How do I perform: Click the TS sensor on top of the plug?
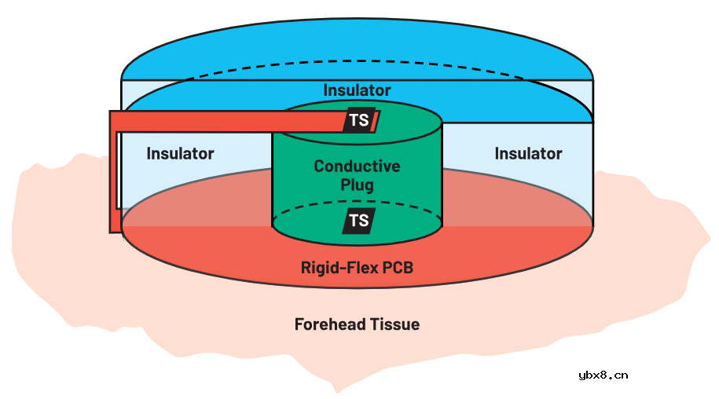[359, 120]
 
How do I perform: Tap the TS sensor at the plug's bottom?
[358, 221]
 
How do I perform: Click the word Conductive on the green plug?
[357, 167]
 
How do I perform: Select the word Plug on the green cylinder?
[357, 185]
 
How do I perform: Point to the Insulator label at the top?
[357, 90]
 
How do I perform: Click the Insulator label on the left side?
[180, 153]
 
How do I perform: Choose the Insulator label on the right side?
[528, 153]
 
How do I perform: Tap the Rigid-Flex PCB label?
[357, 268]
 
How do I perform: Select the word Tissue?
[394, 324]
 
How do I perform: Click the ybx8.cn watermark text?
[603, 375]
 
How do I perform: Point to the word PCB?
[396, 268]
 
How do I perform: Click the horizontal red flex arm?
[228, 121]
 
